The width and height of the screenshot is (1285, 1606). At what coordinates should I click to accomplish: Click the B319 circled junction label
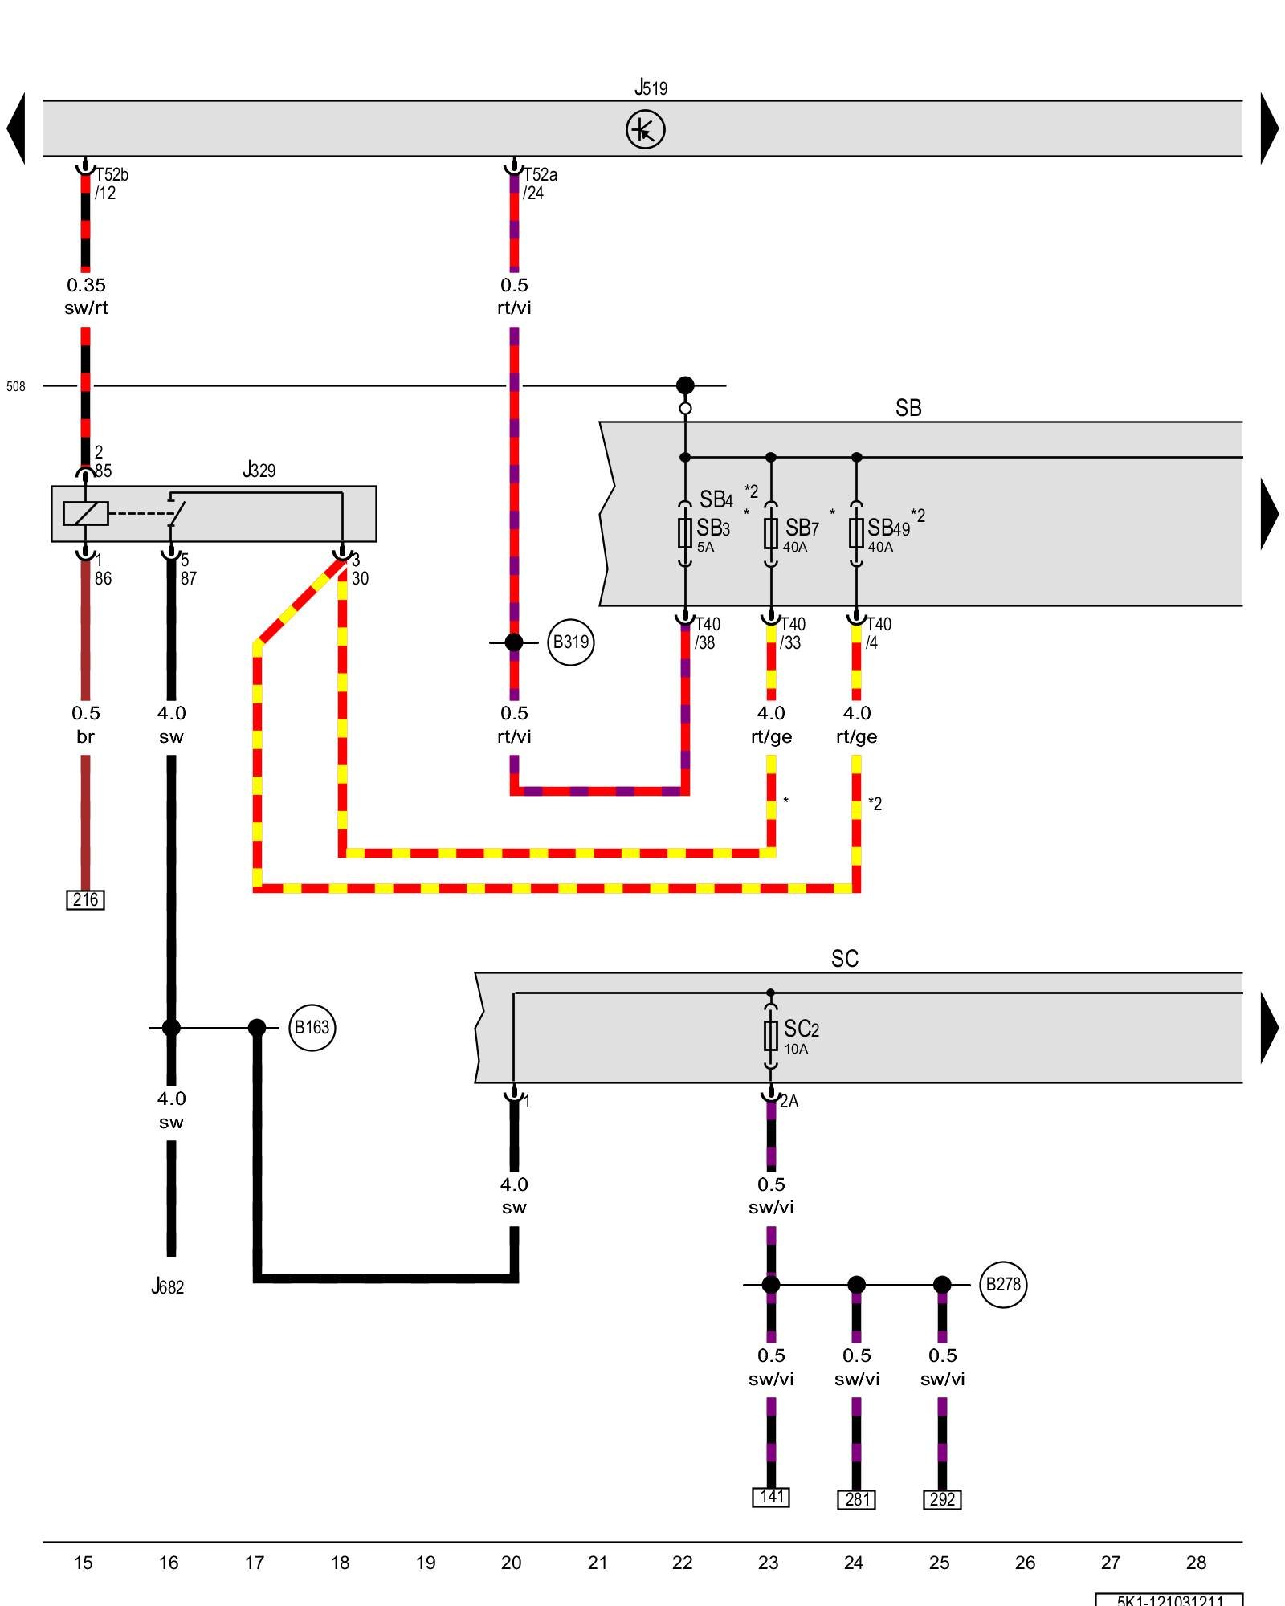pyautogui.click(x=570, y=642)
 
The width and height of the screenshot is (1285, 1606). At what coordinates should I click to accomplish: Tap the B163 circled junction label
pyautogui.click(x=312, y=1027)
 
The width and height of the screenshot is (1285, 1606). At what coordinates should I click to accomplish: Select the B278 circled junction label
pyautogui.click(x=1003, y=1284)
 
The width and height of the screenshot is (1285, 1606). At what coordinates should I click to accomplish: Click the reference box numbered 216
pyautogui.click(x=85, y=899)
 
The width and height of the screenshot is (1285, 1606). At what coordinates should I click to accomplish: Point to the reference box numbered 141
pyautogui.click(x=771, y=1497)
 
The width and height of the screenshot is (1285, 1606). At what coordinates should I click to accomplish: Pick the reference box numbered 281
pyautogui.click(x=856, y=1499)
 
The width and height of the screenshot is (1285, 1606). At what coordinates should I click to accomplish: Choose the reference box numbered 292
pyautogui.click(x=942, y=1499)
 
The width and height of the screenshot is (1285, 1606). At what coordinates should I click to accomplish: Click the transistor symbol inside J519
pyautogui.click(x=645, y=129)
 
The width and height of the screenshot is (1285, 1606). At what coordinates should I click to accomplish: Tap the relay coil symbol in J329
pyautogui.click(x=86, y=513)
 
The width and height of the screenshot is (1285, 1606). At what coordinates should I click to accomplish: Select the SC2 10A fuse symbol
pyautogui.click(x=771, y=1036)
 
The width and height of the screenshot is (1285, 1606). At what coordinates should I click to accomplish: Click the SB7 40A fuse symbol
pyautogui.click(x=771, y=532)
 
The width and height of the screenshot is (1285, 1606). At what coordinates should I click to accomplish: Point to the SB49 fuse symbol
pyautogui.click(x=856, y=532)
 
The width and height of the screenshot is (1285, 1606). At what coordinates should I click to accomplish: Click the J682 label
pyautogui.click(x=168, y=1286)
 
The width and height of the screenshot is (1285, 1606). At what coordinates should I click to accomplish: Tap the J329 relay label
pyautogui.click(x=259, y=470)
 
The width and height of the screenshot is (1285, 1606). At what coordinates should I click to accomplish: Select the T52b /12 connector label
pyautogui.click(x=111, y=184)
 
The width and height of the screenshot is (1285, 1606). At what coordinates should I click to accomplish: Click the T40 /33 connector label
pyautogui.click(x=792, y=633)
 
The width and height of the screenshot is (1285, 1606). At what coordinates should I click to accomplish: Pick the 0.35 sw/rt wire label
pyautogui.click(x=86, y=296)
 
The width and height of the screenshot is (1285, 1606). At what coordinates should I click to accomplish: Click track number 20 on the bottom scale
pyautogui.click(x=512, y=1563)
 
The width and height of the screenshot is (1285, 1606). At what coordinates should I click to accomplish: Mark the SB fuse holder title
pyautogui.click(x=908, y=408)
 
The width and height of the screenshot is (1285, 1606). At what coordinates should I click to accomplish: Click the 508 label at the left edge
pyautogui.click(x=16, y=386)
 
